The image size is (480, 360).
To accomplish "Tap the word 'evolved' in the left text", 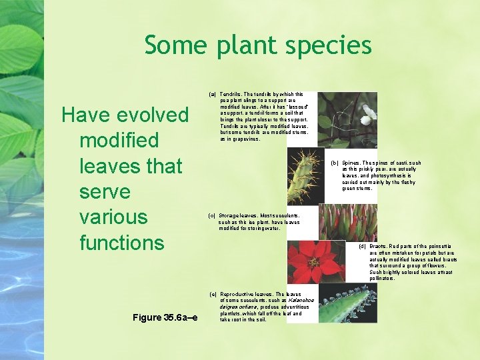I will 153,115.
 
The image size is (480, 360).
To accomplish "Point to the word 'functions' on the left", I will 121,242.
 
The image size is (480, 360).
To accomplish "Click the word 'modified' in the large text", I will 119,141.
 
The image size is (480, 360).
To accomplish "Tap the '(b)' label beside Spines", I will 335,163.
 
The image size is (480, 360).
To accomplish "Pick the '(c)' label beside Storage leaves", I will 212,216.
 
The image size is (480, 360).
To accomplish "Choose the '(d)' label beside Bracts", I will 363,247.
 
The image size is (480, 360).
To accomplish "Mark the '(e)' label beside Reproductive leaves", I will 213,294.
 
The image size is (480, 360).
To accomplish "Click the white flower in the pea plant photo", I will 369,112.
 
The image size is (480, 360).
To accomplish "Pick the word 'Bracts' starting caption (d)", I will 378,247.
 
